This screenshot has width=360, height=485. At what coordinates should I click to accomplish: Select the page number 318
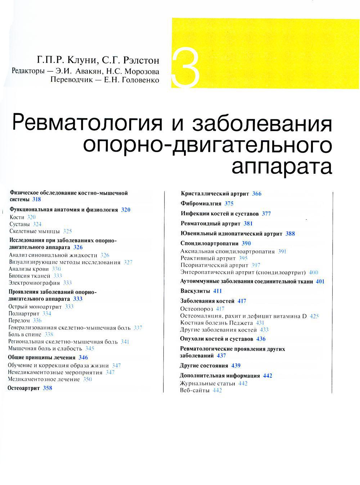36,199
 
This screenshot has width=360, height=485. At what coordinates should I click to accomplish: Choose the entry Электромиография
34,283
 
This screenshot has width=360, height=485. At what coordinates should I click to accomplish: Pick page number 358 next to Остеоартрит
48,388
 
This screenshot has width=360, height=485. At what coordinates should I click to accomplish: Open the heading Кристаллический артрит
215,194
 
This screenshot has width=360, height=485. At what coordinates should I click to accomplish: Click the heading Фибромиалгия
201,204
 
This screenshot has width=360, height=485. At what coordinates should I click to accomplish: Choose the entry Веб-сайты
194,390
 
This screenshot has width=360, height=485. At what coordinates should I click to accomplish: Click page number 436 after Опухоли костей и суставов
261,339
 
